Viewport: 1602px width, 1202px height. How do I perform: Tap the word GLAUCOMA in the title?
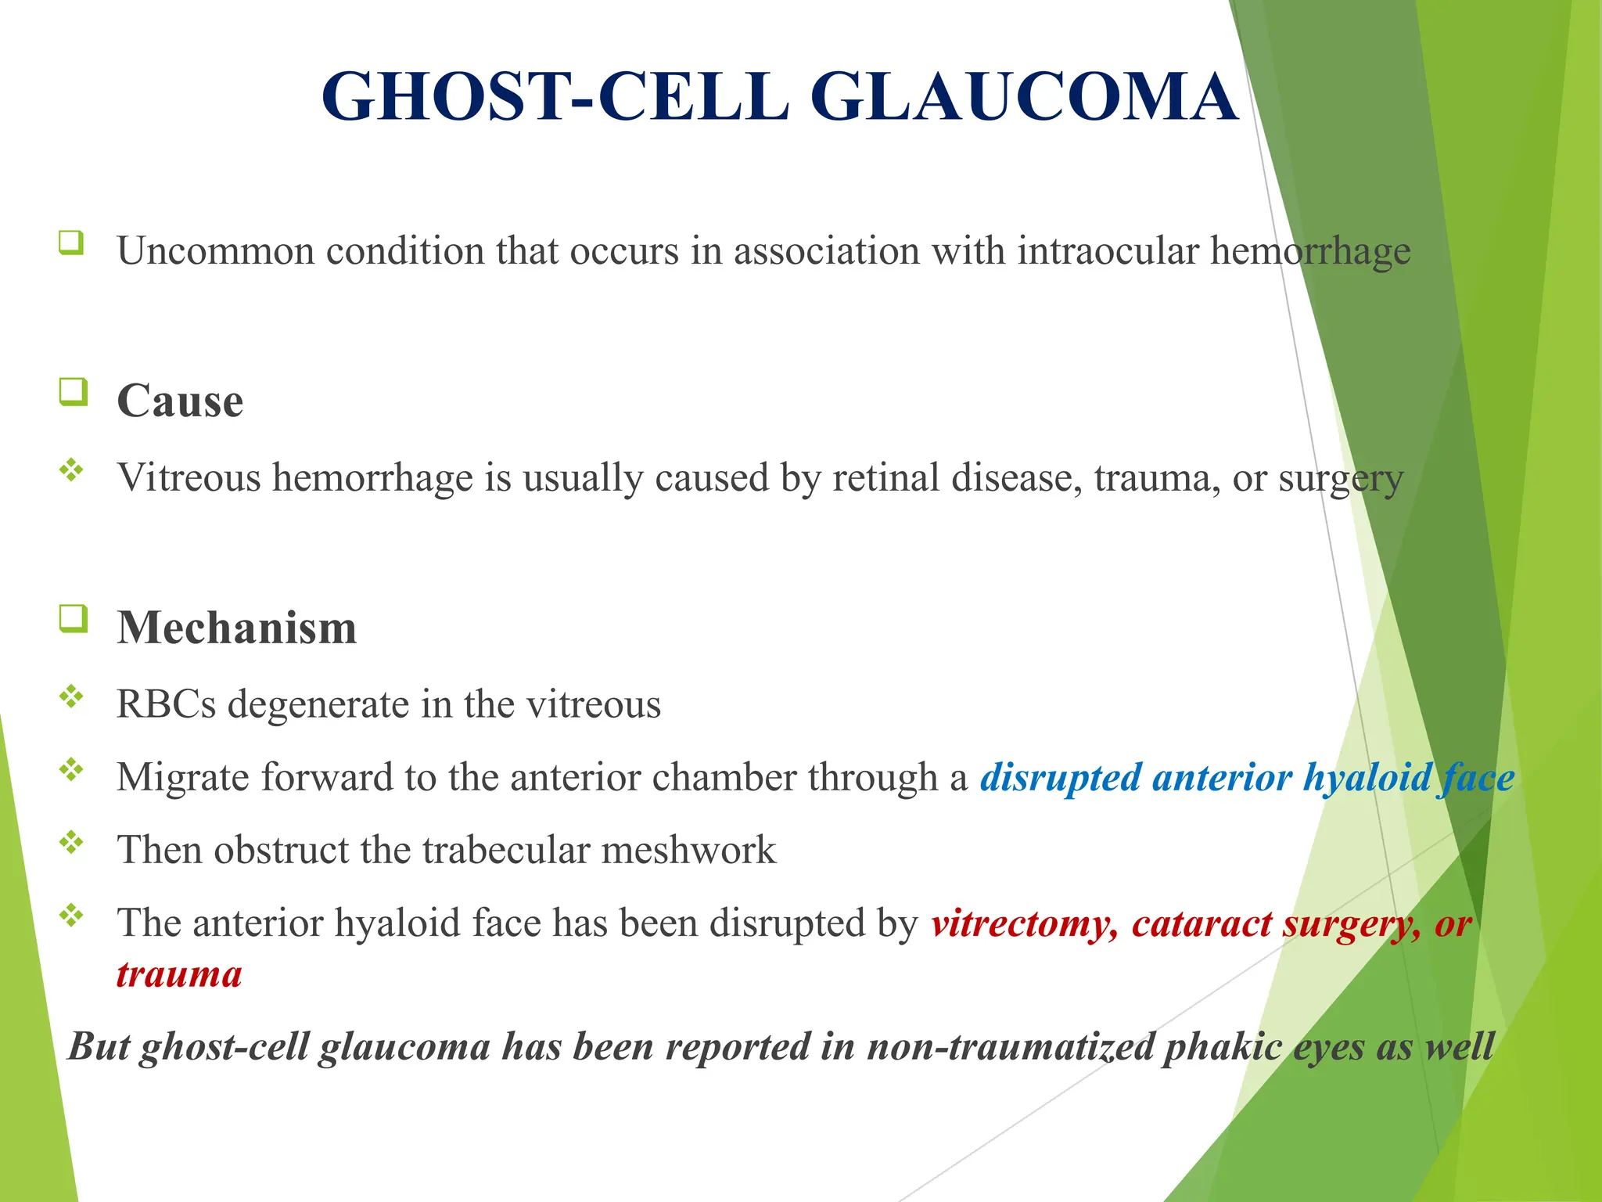click(1024, 97)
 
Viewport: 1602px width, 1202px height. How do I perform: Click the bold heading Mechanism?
click(236, 628)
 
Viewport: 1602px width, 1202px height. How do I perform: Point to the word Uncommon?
click(215, 251)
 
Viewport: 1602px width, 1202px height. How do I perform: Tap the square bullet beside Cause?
click(73, 390)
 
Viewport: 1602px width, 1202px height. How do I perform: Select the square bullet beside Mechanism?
click(73, 618)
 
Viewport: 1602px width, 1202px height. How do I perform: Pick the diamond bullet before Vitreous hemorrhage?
click(71, 470)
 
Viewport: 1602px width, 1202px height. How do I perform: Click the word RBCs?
click(166, 704)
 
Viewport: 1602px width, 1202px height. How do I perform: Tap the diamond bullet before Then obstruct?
click(71, 842)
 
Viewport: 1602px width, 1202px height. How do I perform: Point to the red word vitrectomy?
click(1024, 924)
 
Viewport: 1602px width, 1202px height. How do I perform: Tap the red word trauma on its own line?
click(179, 975)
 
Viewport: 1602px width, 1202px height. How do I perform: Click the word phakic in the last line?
click(1223, 1047)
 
